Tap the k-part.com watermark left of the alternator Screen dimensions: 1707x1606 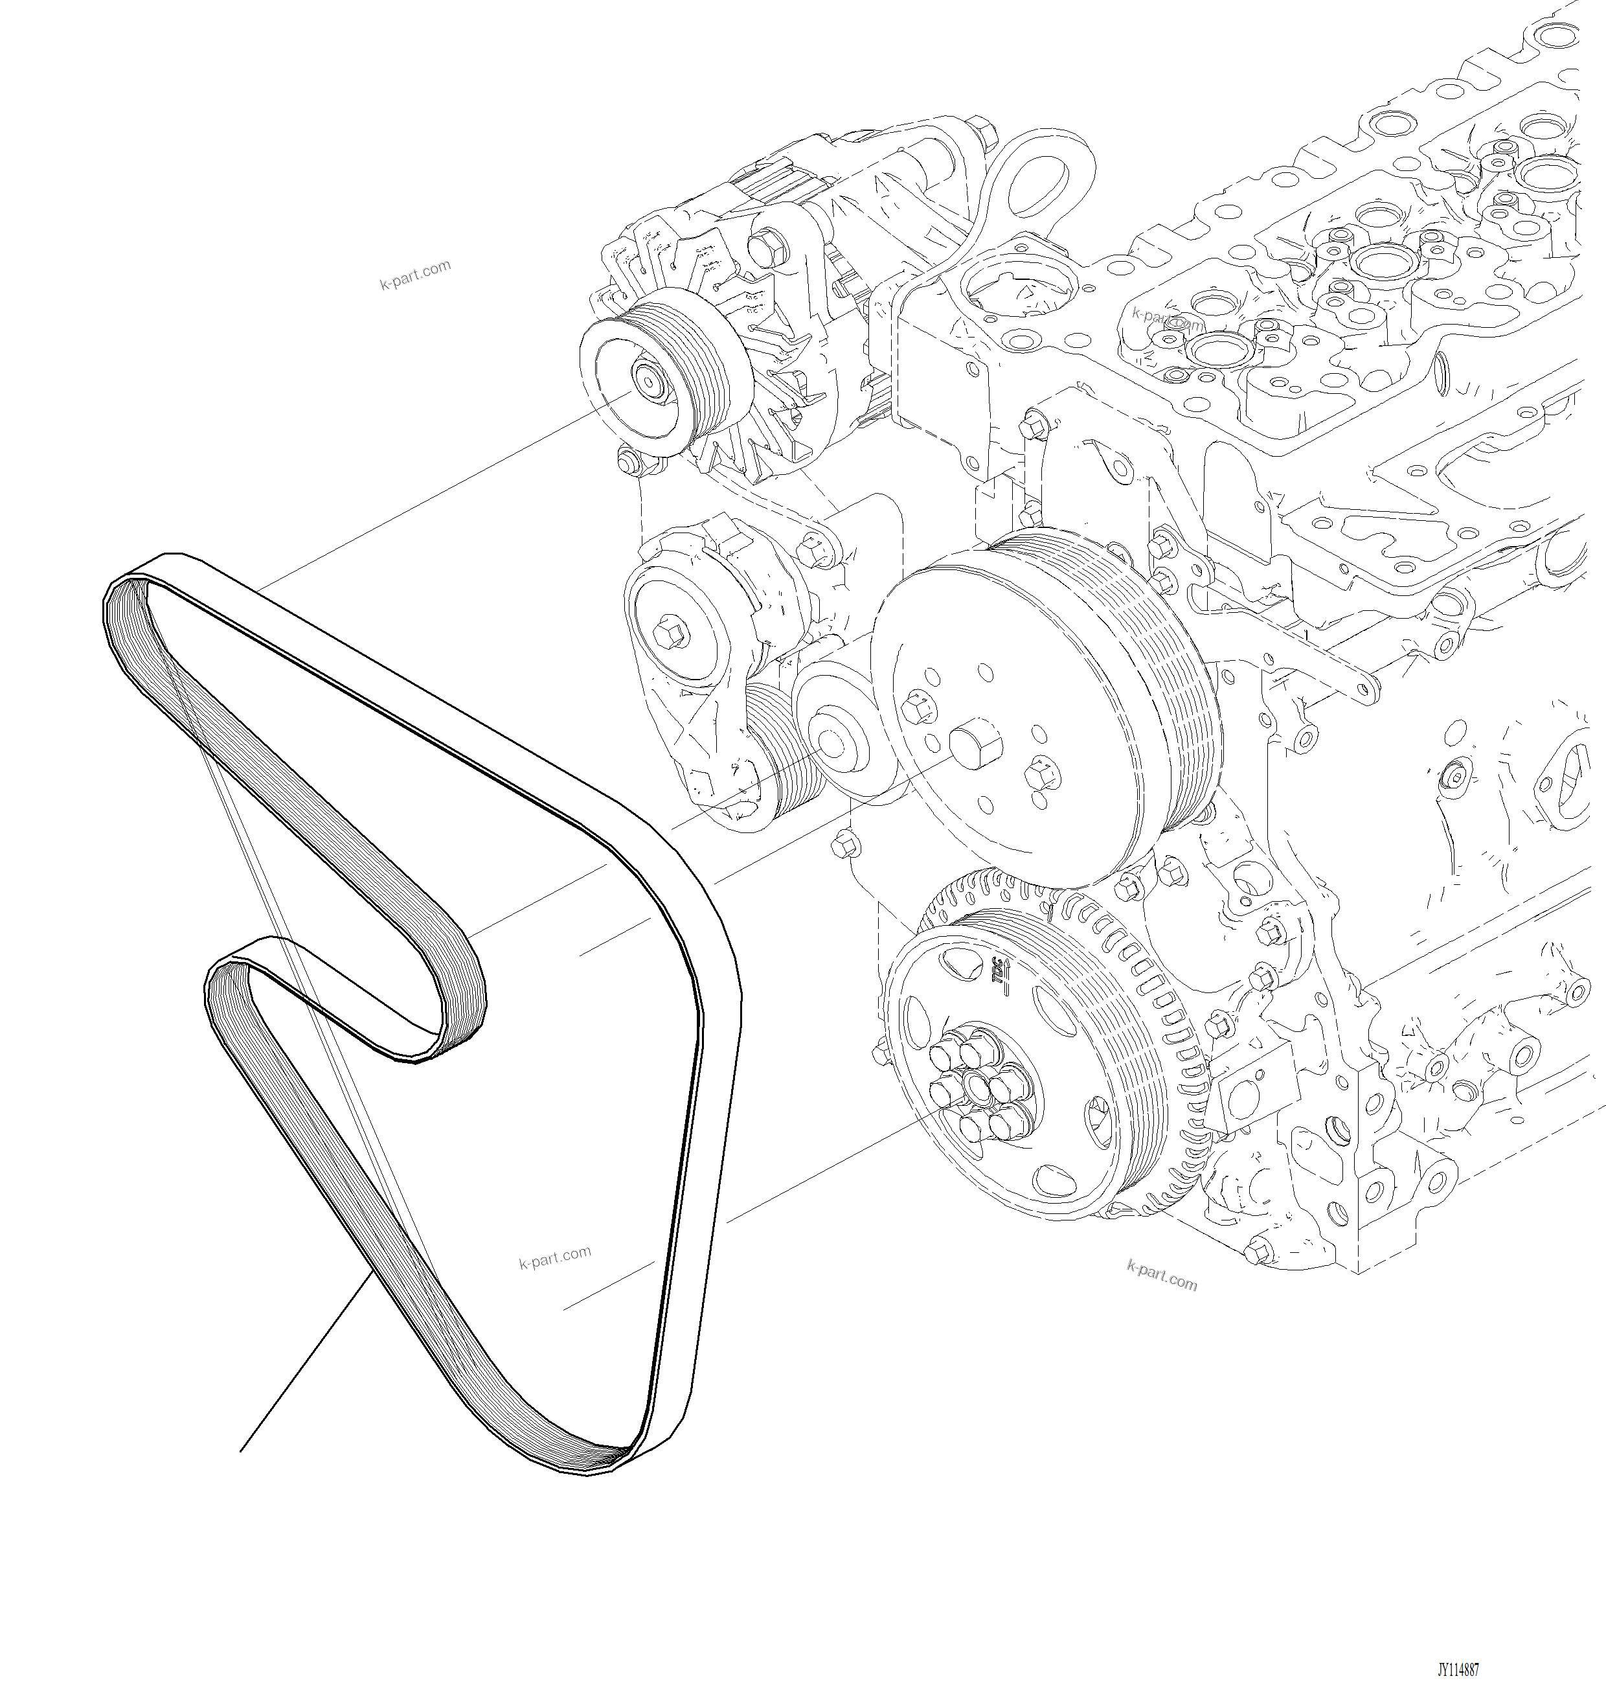tap(416, 275)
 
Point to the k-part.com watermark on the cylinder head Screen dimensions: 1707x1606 tap(1168, 319)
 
